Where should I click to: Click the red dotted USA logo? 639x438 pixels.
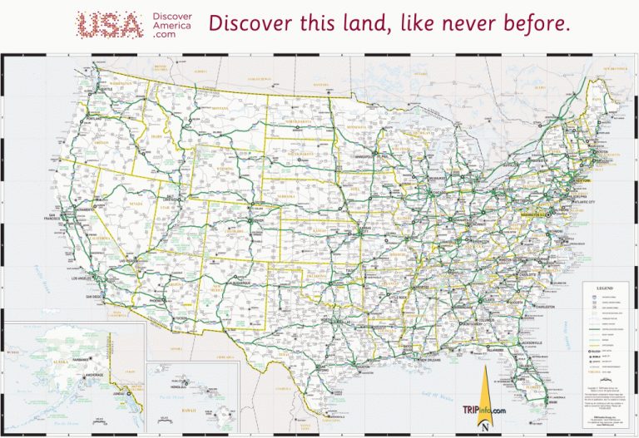point(108,24)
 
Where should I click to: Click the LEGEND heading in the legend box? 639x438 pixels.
point(605,283)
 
